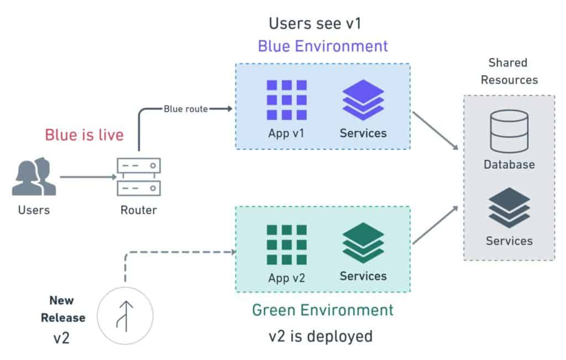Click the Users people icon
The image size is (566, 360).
pyautogui.click(x=34, y=177)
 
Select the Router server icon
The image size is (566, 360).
pyautogui.click(x=139, y=177)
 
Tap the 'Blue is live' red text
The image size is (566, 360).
pyautogui.click(x=84, y=135)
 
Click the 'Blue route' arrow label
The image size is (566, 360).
pyautogui.click(x=186, y=109)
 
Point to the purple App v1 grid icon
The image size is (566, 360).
pyautogui.click(x=286, y=100)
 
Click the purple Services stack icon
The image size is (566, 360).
pyautogui.click(x=363, y=100)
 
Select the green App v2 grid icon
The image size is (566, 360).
pyautogui.click(x=286, y=244)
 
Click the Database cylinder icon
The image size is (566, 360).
pyautogui.click(x=509, y=131)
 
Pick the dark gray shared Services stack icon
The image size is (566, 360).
pyautogui.click(x=509, y=207)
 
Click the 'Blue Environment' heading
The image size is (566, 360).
pyautogui.click(x=323, y=46)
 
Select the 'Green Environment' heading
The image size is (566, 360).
pyautogui.click(x=323, y=310)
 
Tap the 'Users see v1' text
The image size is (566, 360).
pyautogui.click(x=315, y=24)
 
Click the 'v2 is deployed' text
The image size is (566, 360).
pyautogui.click(x=321, y=336)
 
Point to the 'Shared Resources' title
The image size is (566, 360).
pyautogui.click(x=509, y=71)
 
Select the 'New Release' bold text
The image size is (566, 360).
pyautogui.click(x=67, y=309)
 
